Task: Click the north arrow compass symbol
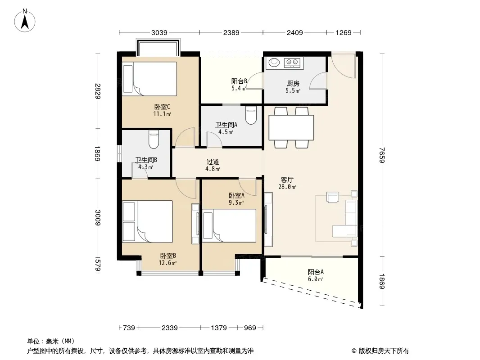point(25,21)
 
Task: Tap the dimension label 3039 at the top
point(159,33)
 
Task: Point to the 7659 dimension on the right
point(381,155)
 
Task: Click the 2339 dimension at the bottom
point(170,328)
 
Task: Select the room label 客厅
point(287,180)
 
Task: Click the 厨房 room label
point(293,84)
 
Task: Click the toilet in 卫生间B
point(154,139)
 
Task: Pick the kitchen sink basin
point(274,63)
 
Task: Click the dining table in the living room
point(291,127)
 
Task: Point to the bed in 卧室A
point(229,226)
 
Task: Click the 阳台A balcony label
point(316,272)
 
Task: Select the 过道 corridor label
point(213,162)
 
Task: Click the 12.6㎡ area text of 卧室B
point(168,263)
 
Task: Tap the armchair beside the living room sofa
point(333,197)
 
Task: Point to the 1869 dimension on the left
point(97,153)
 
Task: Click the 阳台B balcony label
point(239,81)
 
